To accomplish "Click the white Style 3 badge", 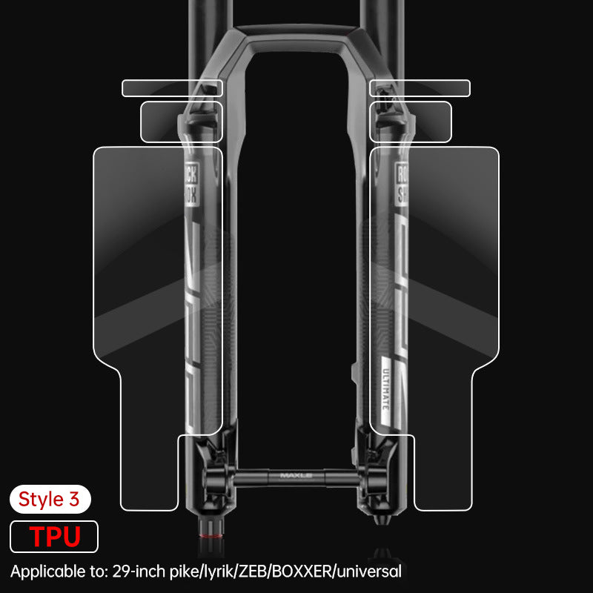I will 50,499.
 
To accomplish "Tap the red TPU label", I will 54,536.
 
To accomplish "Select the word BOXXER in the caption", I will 308,572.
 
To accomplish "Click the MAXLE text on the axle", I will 296,476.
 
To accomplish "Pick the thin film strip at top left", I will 171,87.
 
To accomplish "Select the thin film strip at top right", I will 420,87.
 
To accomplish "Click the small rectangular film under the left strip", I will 181,122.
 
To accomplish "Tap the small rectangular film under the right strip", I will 411,122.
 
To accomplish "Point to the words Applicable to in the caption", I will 59,572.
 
